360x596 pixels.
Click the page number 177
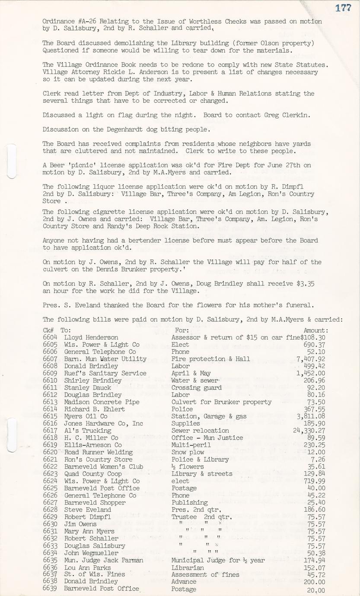[x=343, y=7]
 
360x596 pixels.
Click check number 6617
[x=50, y=431]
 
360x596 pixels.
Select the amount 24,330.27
[x=309, y=431]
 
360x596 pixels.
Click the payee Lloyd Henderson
[x=91, y=337]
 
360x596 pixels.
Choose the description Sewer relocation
[x=200, y=431]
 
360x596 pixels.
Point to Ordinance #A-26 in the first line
[x=64, y=21]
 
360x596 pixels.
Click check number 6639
[x=50, y=589]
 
